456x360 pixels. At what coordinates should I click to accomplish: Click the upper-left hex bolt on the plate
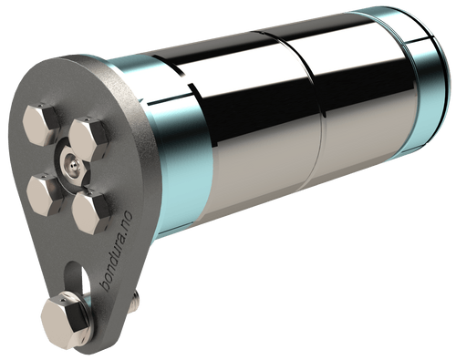pyautogui.click(x=40, y=125)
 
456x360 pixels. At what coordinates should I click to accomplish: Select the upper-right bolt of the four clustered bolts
pyautogui.click(x=88, y=139)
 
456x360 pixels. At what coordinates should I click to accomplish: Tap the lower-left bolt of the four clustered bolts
pyautogui.click(x=45, y=195)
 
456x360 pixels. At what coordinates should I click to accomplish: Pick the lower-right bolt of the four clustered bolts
pyautogui.click(x=91, y=211)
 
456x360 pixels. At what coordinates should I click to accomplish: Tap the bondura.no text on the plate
pyautogui.click(x=117, y=252)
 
